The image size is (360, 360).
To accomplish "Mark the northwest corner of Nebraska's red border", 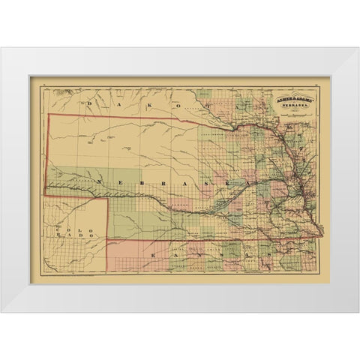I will pyautogui.click(x=49, y=115).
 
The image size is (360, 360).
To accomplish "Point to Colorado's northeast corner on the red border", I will pyautogui.click(x=112, y=196).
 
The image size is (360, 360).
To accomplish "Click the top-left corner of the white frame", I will pyautogui.click(x=1, y=48).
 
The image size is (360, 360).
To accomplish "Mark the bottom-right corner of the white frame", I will pyautogui.click(x=358, y=312).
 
